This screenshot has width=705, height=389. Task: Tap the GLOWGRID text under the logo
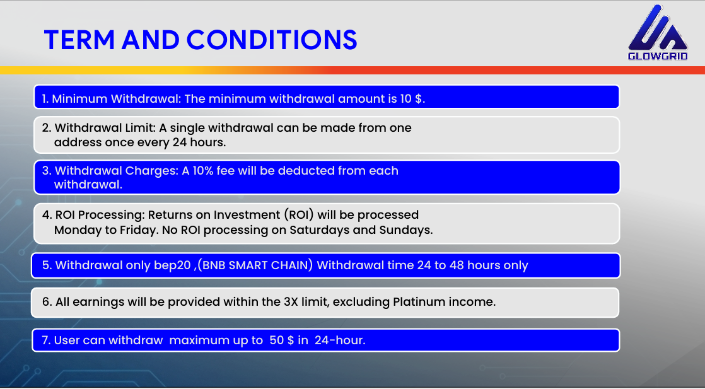pos(658,55)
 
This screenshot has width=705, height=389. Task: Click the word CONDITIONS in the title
pos(272,40)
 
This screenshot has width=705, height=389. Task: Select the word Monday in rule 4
pos(78,230)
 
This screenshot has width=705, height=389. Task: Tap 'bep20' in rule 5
pos(172,265)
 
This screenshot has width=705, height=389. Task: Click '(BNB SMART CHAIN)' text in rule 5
pos(254,265)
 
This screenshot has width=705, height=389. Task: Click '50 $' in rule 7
pos(281,340)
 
